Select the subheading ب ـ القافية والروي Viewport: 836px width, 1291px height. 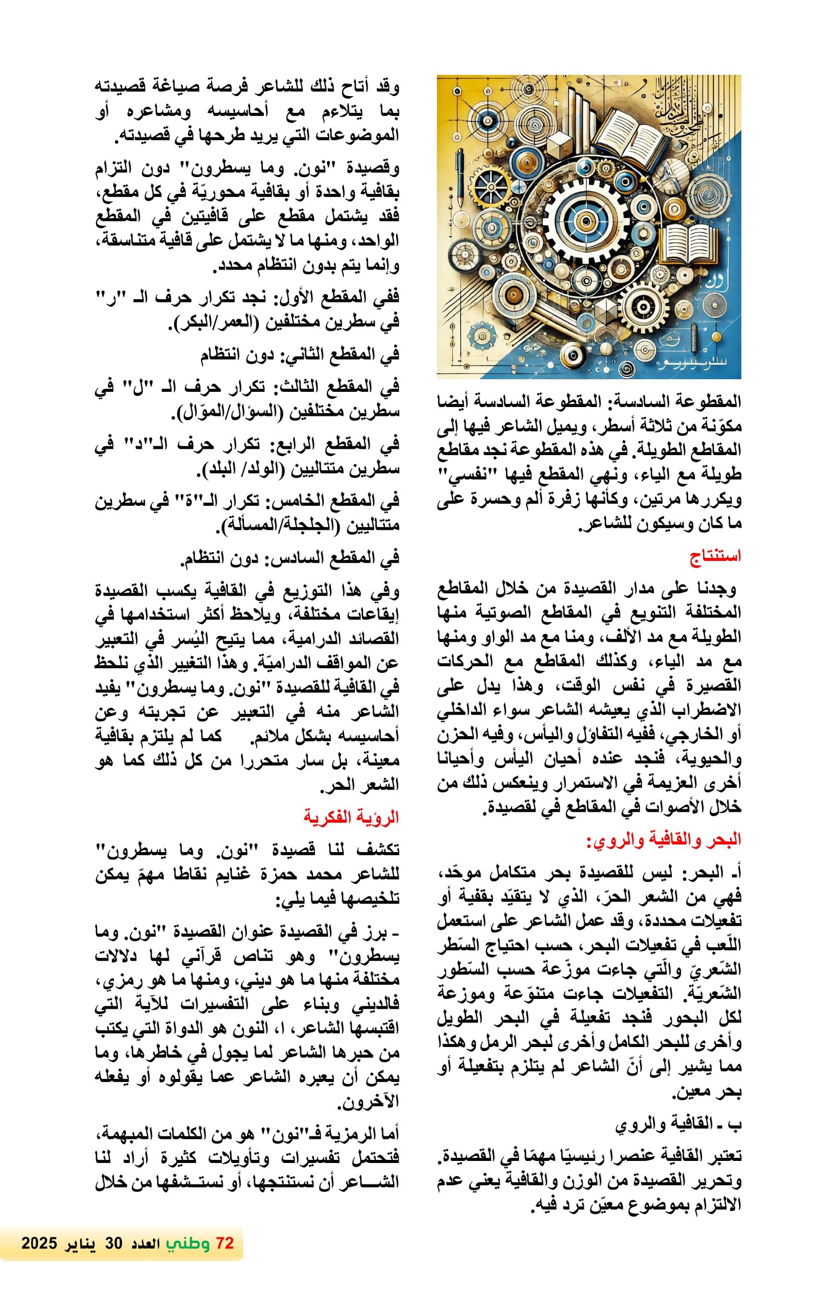point(678,1124)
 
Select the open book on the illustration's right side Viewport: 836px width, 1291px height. point(690,244)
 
